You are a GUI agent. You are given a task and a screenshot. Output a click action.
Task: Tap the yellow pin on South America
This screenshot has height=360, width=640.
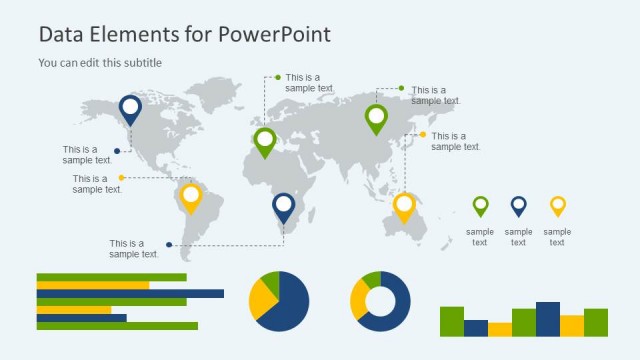(x=190, y=196)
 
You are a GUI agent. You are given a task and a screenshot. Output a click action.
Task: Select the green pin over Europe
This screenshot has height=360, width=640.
(x=265, y=140)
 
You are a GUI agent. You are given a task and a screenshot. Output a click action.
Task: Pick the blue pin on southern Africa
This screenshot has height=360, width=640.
(x=284, y=206)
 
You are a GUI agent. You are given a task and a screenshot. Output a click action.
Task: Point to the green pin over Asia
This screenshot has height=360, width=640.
(x=376, y=117)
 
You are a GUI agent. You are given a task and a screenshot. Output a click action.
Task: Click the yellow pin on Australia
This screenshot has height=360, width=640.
(x=403, y=206)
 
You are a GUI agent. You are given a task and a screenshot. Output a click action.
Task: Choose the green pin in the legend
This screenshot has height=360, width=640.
(x=480, y=205)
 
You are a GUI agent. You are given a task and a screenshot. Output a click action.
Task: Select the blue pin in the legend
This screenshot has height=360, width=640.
(x=518, y=205)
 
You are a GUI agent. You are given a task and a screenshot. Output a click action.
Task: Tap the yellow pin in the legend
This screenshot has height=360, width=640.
(x=557, y=205)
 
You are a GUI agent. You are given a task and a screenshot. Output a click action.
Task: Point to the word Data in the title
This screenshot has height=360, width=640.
(x=59, y=34)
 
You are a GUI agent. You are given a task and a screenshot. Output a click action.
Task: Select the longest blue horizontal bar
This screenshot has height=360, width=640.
(x=130, y=293)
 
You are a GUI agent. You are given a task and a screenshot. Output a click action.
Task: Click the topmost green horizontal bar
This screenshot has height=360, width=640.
(x=111, y=277)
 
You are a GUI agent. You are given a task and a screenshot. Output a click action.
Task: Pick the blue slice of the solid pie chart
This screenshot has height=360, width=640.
(x=290, y=305)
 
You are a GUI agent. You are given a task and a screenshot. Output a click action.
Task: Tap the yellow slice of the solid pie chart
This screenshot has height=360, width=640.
(x=262, y=300)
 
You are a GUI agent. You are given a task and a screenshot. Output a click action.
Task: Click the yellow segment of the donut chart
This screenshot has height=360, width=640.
(x=357, y=298)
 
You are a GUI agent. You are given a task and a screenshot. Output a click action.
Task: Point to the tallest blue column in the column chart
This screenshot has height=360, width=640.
(x=547, y=319)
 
